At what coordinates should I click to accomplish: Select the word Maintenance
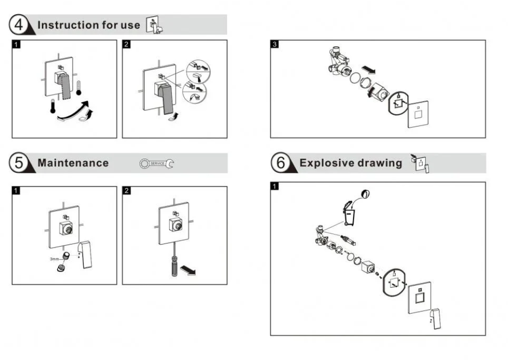(x=73, y=163)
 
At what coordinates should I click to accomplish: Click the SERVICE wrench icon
(x=157, y=163)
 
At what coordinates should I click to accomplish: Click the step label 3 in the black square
(x=275, y=44)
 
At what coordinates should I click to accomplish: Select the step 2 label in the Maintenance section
(x=127, y=191)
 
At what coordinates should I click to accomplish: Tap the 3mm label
(x=54, y=259)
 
